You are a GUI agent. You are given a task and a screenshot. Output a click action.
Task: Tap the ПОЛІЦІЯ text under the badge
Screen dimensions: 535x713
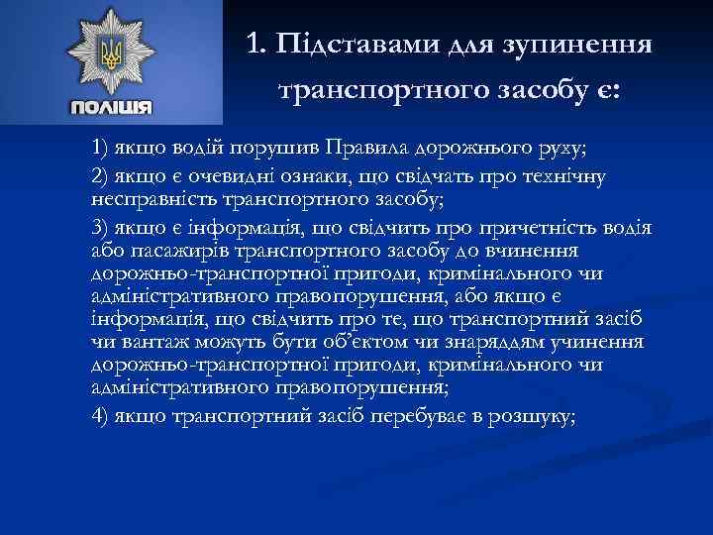[x=111, y=107]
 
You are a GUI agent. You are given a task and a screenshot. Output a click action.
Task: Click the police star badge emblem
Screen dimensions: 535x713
[x=111, y=54]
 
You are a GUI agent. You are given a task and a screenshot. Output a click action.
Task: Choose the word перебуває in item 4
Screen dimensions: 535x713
[x=420, y=415]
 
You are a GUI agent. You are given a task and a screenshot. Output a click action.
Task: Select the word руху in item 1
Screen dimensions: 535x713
[x=561, y=150]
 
